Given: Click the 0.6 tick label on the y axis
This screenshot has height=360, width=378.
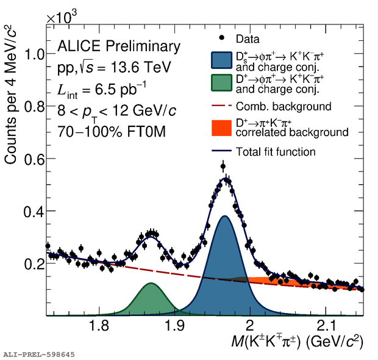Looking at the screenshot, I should tap(32, 159).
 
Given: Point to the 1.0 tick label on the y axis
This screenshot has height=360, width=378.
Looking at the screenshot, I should tap(32, 54).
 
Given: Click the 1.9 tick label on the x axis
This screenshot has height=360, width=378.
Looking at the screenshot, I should tap(174, 325).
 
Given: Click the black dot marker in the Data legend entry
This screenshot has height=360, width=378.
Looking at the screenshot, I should tap(220, 40).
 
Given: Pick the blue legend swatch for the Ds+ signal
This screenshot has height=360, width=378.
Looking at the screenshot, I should tap(220, 60).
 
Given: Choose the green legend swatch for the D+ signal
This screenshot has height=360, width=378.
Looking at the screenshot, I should tap(220, 84).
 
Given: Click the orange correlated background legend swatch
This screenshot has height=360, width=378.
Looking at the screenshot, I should tap(220, 128).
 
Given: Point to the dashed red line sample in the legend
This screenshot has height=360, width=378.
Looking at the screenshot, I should tap(220, 107).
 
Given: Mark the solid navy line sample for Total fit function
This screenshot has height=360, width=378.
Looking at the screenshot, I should tap(220, 151).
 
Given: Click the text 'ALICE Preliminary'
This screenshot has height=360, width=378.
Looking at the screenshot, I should tap(119, 46).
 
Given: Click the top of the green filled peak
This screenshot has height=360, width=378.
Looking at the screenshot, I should tap(150, 283).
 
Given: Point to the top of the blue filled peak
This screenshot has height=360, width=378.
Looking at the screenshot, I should tap(224, 216).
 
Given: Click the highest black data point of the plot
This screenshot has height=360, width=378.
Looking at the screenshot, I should tap(223, 166).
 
